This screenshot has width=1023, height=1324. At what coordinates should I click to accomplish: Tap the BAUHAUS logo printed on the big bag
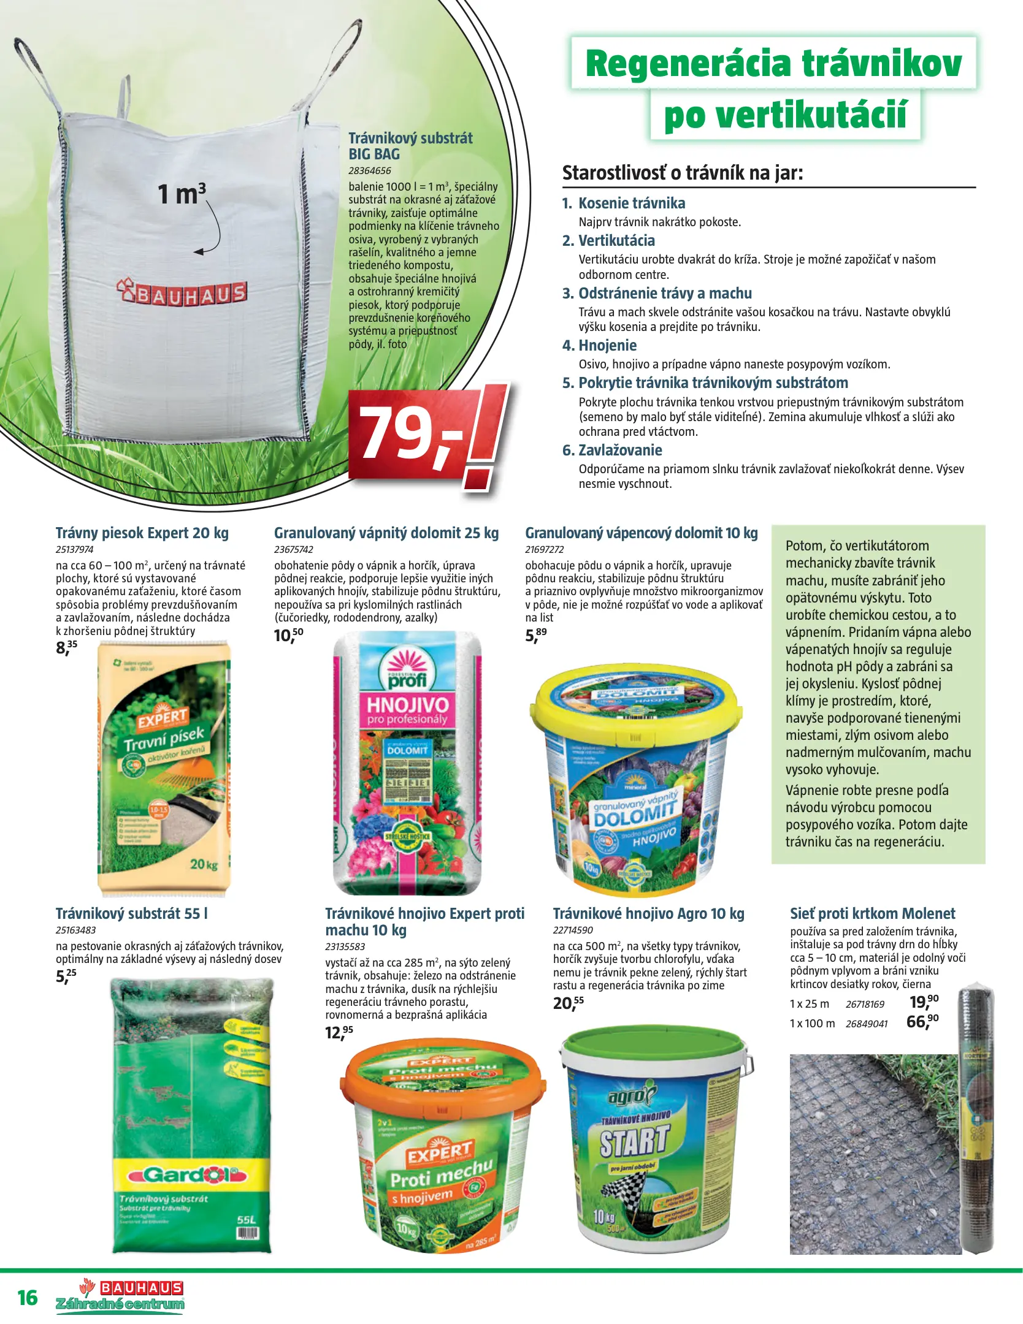pos(182,293)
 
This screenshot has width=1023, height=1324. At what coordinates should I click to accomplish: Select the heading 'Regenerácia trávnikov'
pos(773,63)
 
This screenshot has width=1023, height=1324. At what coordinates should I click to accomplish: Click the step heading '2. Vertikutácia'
pos(608,240)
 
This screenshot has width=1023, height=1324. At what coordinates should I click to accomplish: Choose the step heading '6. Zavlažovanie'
pos(612,450)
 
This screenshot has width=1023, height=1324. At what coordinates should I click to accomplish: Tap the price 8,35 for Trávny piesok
pos(66,647)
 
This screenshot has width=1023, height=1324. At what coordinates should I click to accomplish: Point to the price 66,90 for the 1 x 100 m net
pos(922,1021)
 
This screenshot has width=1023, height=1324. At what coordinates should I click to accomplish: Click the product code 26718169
pos(865,1004)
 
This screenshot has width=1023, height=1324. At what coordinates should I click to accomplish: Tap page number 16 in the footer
pos(28,1298)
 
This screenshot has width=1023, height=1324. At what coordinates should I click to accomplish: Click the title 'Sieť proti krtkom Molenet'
pos(872,913)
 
